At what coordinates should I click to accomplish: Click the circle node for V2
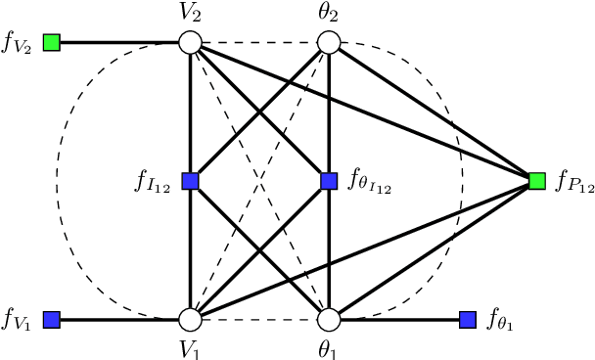(x=190, y=43)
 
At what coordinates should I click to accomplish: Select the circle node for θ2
(x=329, y=43)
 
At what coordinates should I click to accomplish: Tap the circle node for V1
(x=190, y=319)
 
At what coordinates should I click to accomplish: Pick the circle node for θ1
(x=329, y=319)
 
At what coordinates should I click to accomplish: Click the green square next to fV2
(x=52, y=43)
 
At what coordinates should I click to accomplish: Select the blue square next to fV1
(x=52, y=319)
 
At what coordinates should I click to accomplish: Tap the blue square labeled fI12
(x=190, y=181)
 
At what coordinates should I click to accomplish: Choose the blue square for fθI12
(x=329, y=181)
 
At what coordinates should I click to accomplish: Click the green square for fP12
(x=537, y=181)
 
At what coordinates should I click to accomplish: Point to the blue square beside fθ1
(x=468, y=319)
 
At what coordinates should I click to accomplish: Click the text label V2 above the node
(x=190, y=14)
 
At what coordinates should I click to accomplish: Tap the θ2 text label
(x=330, y=14)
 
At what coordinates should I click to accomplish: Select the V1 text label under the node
(x=190, y=348)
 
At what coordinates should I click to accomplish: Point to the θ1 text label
(x=330, y=348)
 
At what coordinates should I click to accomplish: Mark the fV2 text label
(x=19, y=45)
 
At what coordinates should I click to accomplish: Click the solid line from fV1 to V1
(x=120, y=319)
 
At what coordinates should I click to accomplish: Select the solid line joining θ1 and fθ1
(x=398, y=319)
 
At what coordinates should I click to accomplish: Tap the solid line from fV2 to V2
(x=120, y=43)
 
